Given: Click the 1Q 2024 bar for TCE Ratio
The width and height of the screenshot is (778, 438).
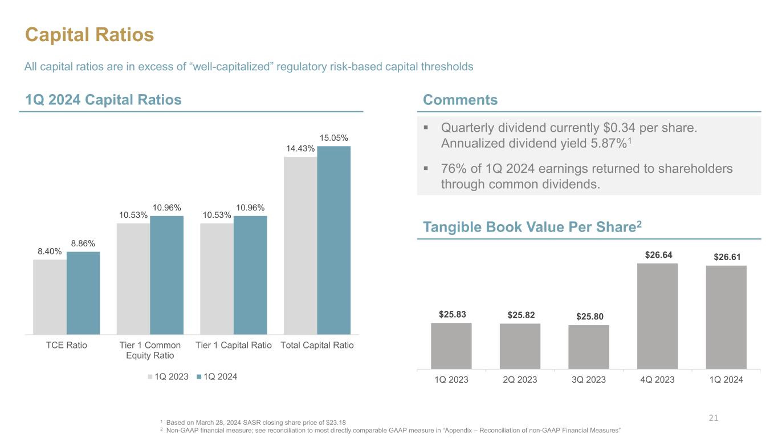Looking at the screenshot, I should click(83, 293).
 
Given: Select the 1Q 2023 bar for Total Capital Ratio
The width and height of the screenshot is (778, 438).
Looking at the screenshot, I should click(300, 245).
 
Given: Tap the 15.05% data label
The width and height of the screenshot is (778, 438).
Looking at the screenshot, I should click(334, 138).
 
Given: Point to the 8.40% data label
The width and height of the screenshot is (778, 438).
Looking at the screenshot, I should click(50, 251).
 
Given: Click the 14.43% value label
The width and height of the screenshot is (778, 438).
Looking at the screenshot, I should click(300, 148).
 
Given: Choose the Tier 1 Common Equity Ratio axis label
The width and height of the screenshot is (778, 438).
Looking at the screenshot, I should click(150, 350).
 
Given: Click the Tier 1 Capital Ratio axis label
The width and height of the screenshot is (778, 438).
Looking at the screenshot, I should click(234, 345).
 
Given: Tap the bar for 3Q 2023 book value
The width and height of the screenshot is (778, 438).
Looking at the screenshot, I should click(589, 347).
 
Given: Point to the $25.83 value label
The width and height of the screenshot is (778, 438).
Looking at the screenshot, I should click(451, 314).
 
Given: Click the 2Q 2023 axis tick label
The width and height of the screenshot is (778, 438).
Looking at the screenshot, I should click(520, 379).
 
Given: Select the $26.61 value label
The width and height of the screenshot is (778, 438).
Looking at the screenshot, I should click(726, 258).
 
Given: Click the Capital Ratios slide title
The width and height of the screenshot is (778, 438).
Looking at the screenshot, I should click(89, 35).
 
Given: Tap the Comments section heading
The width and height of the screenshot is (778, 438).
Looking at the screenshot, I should click(460, 100).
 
